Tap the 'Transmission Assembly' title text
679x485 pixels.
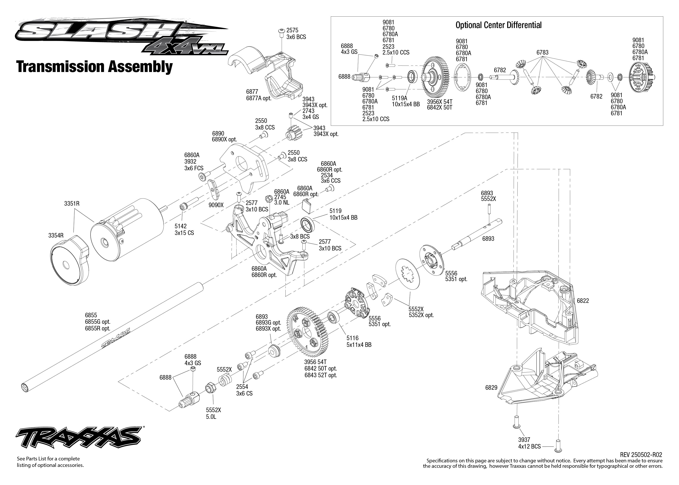click(94, 67)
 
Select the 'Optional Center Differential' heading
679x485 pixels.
click(498, 25)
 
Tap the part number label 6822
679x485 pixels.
click(583, 301)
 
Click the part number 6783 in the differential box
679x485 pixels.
click(542, 53)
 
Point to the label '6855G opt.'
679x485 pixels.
click(97, 322)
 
